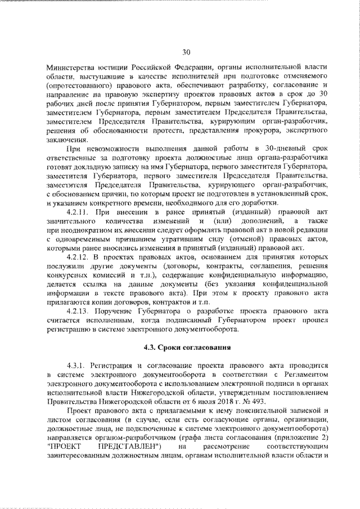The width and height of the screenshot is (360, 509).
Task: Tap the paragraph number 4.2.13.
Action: click(78, 312)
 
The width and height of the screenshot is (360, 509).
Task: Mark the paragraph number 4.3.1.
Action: click(76, 366)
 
